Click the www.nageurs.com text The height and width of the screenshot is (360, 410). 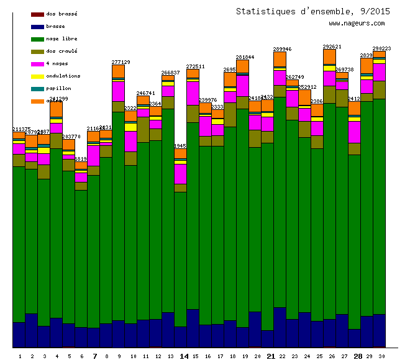(x=357, y=24)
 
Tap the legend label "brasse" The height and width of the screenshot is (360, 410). (x=55, y=26)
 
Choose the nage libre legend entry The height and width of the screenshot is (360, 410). (x=61, y=38)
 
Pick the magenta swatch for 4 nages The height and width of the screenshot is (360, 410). (x=37, y=64)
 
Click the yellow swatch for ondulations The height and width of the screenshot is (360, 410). (x=37, y=76)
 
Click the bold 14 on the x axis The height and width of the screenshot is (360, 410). (x=184, y=356)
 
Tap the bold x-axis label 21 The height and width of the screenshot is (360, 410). (x=271, y=356)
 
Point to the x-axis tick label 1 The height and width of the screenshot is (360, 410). (x=20, y=356)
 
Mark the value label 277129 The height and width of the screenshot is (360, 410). (x=121, y=62)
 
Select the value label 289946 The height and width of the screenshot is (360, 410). (x=283, y=48)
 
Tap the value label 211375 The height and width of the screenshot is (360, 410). (x=22, y=129)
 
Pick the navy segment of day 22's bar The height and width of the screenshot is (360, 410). (x=280, y=326)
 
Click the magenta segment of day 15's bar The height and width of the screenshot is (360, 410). (x=193, y=93)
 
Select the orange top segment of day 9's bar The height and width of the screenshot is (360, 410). (x=118, y=71)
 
